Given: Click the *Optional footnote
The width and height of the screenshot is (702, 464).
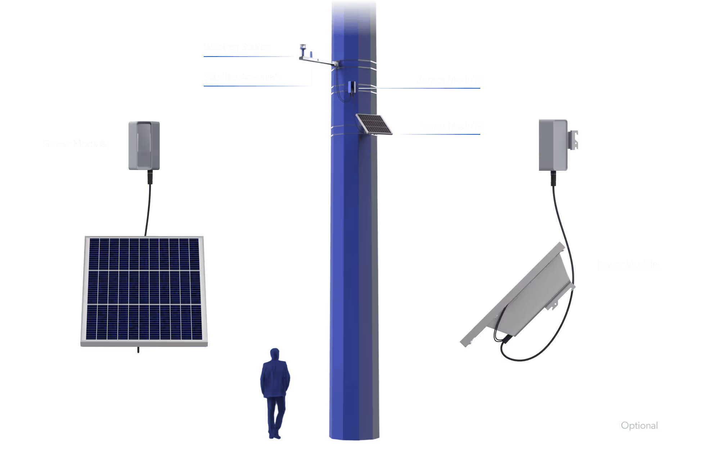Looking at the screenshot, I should click(637, 425).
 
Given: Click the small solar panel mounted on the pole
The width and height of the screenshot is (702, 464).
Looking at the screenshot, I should click(374, 124).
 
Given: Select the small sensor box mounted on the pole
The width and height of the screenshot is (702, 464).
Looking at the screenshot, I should click(352, 87).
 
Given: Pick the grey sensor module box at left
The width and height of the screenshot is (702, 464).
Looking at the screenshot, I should click(144, 145).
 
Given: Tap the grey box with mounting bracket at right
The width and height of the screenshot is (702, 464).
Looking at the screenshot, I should click(553, 145).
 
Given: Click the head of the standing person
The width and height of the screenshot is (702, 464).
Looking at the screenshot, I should click(275, 354).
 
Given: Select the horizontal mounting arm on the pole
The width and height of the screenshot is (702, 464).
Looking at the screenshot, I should click(319, 61).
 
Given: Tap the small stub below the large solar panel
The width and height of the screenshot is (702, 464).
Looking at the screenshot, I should click(138, 350).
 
